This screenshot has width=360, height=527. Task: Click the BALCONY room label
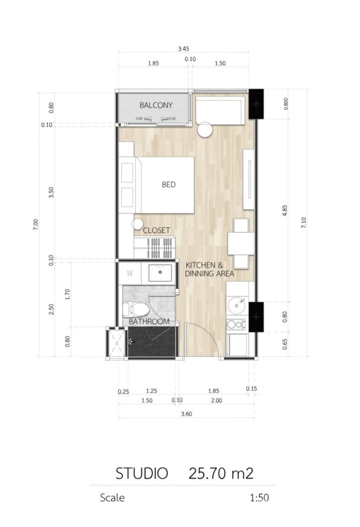156,105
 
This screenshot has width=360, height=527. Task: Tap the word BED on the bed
169,185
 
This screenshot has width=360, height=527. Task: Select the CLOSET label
156,230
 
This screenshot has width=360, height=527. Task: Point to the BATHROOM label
149,322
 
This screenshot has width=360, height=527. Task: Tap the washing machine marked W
130,273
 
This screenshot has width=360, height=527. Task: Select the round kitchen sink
236,305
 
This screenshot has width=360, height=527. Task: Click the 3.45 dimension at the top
183,49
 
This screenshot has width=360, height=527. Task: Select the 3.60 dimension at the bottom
186,414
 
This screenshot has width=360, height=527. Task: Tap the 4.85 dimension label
284,210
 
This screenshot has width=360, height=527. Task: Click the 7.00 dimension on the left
36,224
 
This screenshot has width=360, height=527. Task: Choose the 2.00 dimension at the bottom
216,401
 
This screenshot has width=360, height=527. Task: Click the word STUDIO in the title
142,473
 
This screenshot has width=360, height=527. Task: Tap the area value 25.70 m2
221,473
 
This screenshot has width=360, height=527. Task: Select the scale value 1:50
259,498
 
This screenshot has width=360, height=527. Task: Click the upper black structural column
256,104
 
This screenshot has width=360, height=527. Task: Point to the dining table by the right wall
241,244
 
